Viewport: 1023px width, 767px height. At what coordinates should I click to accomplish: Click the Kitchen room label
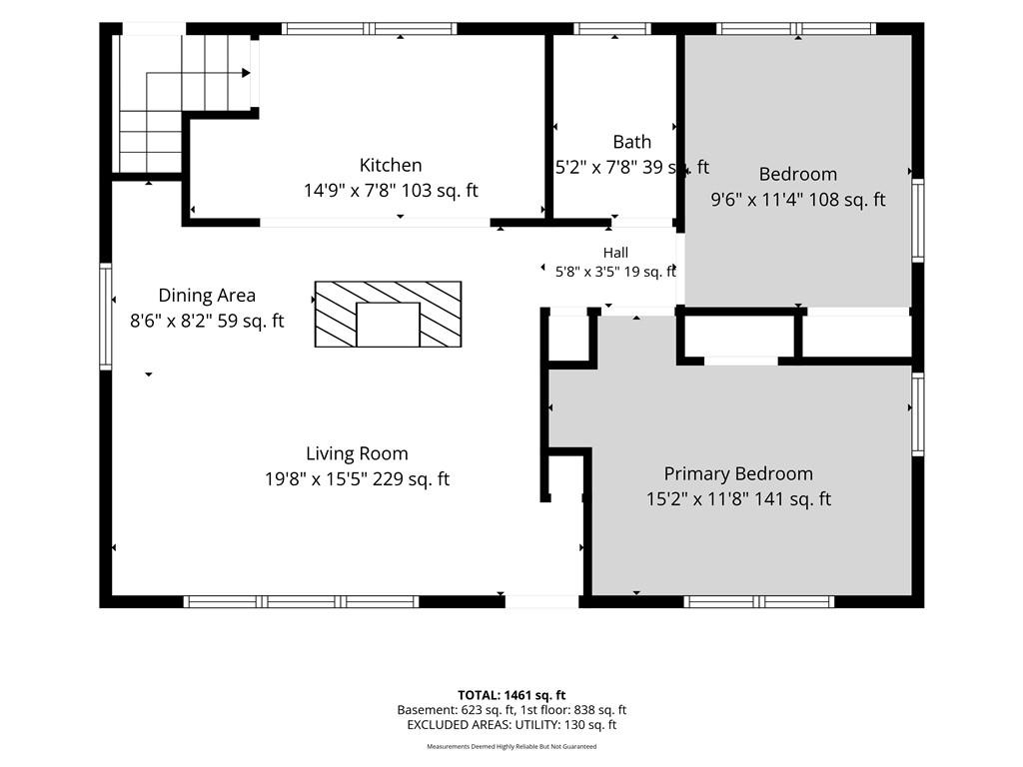[x=391, y=165]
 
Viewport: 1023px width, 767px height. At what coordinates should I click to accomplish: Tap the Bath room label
[x=631, y=142]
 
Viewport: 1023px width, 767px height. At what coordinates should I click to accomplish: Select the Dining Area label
[x=207, y=296]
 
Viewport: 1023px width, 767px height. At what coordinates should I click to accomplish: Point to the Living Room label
[x=357, y=454]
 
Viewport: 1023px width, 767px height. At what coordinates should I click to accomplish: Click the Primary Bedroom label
[x=738, y=474]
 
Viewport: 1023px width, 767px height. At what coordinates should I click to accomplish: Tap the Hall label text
[x=615, y=253]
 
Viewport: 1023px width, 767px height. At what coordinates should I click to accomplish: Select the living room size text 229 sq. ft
[x=411, y=479]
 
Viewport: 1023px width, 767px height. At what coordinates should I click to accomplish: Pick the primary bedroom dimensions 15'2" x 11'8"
[x=697, y=499]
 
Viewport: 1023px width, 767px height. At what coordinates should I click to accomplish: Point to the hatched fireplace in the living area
[x=389, y=314]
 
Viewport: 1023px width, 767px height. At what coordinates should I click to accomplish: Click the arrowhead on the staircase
[x=246, y=73]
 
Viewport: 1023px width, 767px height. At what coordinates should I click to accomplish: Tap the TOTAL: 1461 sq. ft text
[x=511, y=695]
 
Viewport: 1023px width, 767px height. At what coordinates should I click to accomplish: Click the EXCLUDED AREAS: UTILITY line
[x=511, y=725]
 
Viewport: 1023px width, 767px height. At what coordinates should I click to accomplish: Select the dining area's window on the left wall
[x=105, y=317]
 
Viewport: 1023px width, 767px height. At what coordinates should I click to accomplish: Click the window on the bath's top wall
[x=612, y=28]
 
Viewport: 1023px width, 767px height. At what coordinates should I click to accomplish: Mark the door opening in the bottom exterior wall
[x=542, y=601]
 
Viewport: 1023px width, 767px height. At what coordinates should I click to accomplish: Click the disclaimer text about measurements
[x=511, y=746]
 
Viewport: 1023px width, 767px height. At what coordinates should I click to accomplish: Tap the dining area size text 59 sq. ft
[x=251, y=321]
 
